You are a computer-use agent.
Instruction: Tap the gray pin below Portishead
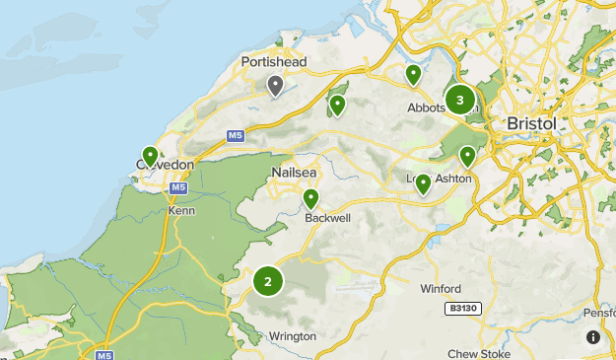[276, 86]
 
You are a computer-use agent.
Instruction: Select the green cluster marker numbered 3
[459, 100]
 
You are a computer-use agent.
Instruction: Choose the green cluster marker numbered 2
[267, 281]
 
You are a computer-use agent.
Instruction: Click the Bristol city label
[530, 123]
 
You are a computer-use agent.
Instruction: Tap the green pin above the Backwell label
[311, 199]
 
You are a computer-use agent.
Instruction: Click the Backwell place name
[327, 217]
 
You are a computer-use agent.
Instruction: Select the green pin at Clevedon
[150, 156]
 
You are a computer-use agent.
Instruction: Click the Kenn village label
[181, 210]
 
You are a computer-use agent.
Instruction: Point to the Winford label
[440, 289]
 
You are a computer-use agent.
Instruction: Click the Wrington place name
[292, 336]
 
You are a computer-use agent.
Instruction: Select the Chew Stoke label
[476, 354]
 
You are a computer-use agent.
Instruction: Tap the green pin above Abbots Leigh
[413, 75]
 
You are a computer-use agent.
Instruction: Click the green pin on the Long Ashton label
[423, 183]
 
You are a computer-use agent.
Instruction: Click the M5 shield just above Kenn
[177, 187]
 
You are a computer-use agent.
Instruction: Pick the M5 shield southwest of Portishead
[235, 135]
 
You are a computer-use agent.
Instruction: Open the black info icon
[593, 337]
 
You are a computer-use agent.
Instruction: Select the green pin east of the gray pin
[338, 105]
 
